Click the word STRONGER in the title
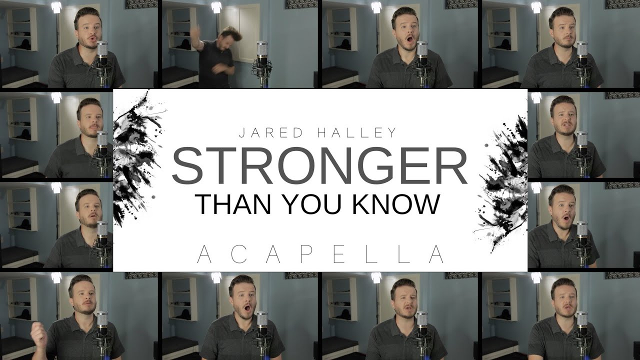coord(319,165)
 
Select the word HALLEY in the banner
coord(357,133)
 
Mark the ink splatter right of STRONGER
coord(501,183)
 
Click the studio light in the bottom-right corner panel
coord(536,277)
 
